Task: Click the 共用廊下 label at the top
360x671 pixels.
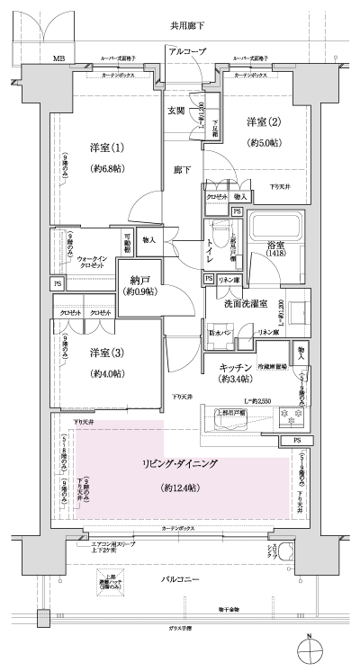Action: [188, 26]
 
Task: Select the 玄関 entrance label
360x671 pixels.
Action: [176, 111]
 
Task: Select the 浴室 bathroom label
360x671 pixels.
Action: [275, 245]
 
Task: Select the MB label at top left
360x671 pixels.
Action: [58, 59]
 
